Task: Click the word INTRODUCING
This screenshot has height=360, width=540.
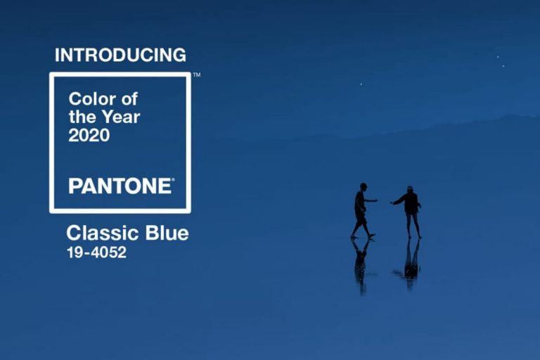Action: (120, 55)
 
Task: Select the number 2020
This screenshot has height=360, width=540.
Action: (89, 136)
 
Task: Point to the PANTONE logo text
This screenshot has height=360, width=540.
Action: (120, 186)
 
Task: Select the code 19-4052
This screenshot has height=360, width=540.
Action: (96, 252)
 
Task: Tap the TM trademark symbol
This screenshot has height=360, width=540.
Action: (197, 75)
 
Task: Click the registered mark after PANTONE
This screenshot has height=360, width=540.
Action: (173, 181)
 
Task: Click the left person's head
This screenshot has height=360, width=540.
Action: (363, 187)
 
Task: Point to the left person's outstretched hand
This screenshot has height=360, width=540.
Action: (375, 201)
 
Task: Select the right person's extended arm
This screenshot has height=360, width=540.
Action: (398, 201)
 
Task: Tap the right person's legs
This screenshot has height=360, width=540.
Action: (413, 225)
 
